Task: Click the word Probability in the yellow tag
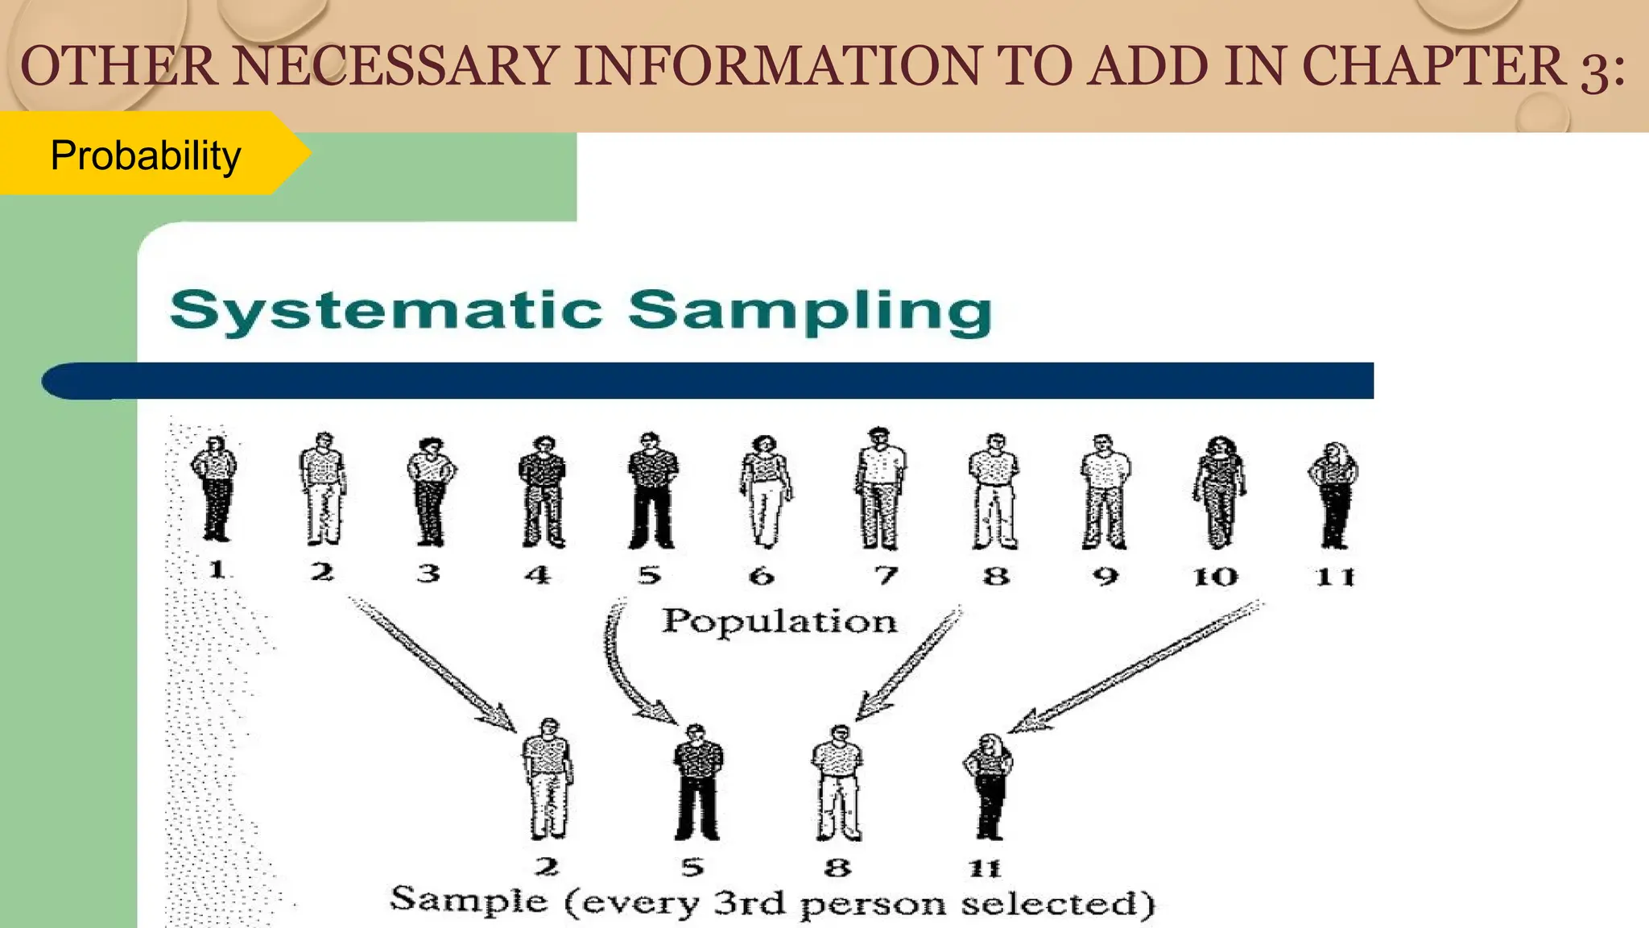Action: [146, 155]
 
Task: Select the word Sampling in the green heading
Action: [809, 313]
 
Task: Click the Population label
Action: [779, 622]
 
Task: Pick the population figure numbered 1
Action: [214, 489]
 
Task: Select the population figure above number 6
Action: [765, 491]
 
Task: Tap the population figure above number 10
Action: [1219, 491]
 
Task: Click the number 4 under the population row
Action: [538, 575]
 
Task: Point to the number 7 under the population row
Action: [886, 575]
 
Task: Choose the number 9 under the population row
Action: [1106, 576]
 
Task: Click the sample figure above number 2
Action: [548, 779]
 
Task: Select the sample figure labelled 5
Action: [697, 781]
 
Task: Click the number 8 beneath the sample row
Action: [837, 868]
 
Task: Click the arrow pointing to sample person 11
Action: [1135, 666]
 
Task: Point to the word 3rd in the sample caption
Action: [749, 902]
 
